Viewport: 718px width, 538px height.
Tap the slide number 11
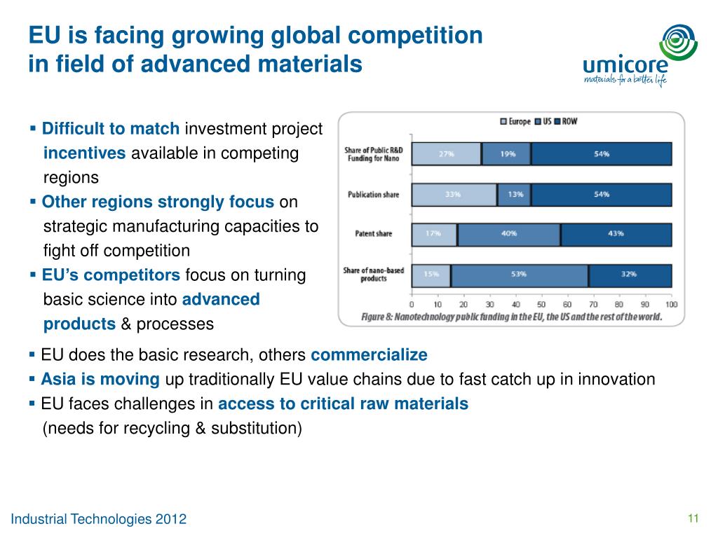693,518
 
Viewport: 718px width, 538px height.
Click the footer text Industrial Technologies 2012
99,519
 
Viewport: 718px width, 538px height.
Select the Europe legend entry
515,121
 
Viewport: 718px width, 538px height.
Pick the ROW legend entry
564,121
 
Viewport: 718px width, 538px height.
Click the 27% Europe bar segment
446,153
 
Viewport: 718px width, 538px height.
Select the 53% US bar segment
519,274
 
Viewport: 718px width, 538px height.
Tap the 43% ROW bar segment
616,234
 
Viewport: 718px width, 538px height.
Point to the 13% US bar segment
514,194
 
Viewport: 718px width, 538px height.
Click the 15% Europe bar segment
431,274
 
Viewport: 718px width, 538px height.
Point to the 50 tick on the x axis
541,305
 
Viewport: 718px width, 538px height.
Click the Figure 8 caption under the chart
511,317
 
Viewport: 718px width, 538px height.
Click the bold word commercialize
369,354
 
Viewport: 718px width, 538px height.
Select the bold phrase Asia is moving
100,380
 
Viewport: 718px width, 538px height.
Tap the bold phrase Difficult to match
111,129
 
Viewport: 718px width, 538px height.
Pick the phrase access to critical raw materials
343,404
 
